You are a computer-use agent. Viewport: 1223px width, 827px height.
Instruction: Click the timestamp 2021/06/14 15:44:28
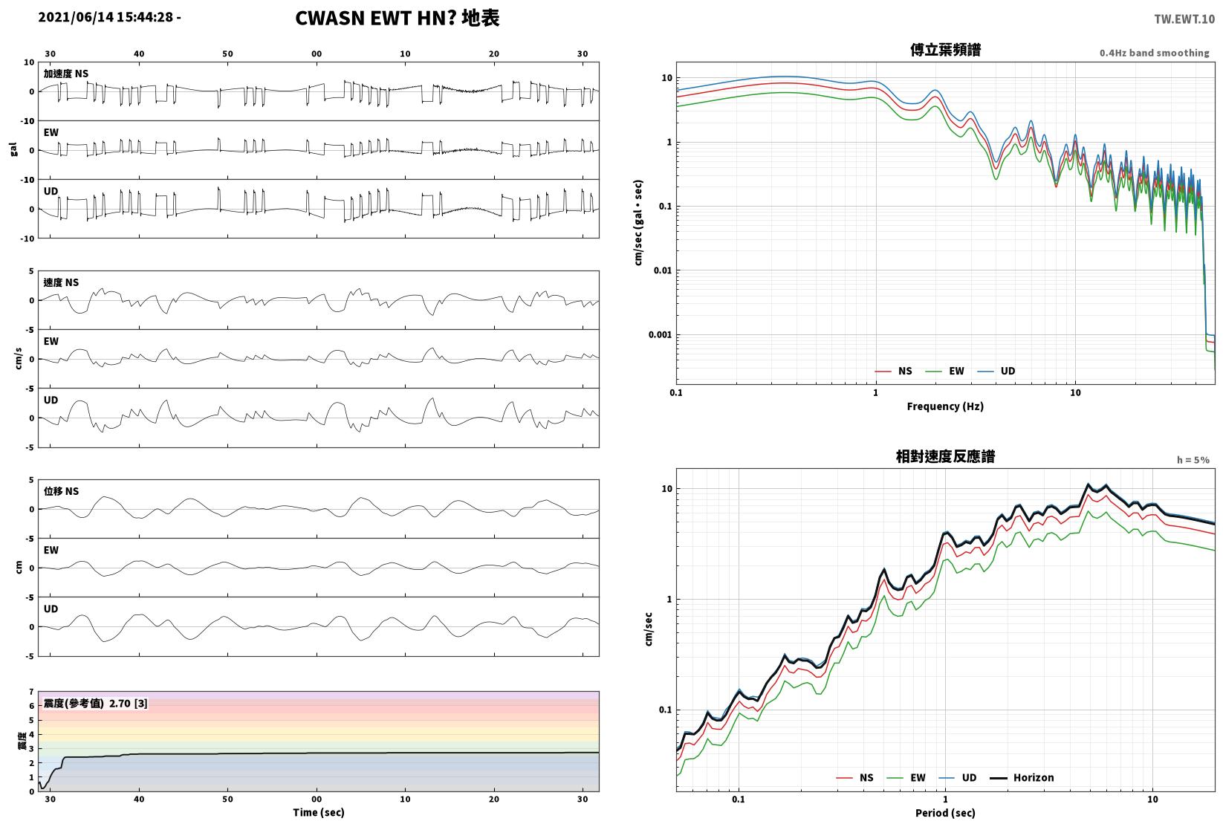click(106, 17)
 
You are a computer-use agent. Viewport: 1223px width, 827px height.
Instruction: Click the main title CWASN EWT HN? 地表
click(397, 18)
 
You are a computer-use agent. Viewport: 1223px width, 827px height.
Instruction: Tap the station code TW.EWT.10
click(1184, 19)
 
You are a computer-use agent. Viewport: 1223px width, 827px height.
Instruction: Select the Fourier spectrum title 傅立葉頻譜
click(945, 51)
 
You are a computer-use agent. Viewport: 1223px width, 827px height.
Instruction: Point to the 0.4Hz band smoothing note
click(1154, 53)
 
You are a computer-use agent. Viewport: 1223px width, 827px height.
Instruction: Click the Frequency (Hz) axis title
click(945, 406)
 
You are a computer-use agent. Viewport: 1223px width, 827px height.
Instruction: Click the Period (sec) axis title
click(945, 813)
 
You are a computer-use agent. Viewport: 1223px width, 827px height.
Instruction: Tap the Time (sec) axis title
click(319, 812)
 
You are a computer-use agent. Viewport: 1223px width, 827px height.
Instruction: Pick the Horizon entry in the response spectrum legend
click(1022, 777)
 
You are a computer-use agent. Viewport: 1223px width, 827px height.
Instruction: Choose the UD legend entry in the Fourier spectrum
click(996, 372)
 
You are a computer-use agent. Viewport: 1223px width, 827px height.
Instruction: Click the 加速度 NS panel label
click(66, 74)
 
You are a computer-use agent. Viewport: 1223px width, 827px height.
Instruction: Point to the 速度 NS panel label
click(61, 282)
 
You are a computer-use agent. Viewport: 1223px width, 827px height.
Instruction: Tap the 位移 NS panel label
click(61, 491)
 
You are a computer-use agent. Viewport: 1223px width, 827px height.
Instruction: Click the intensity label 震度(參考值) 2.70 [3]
click(96, 703)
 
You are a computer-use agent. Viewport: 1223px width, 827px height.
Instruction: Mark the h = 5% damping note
click(1193, 460)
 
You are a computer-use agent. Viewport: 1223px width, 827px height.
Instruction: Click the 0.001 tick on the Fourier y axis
click(660, 334)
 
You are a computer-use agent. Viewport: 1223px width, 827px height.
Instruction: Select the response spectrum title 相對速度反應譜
click(945, 456)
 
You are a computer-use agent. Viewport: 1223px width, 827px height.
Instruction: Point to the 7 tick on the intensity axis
click(32, 692)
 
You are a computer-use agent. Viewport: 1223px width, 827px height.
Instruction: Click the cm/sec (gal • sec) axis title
click(638, 223)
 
